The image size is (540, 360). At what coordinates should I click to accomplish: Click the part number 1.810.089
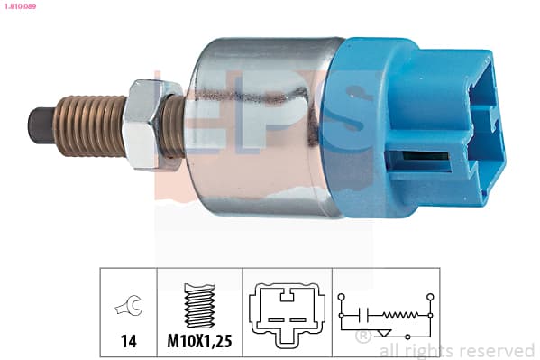(x=20, y=6)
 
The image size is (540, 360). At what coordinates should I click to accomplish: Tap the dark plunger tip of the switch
(x=41, y=125)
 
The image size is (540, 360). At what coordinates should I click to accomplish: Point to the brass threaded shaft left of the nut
(x=90, y=125)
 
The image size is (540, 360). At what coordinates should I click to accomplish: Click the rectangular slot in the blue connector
(x=418, y=162)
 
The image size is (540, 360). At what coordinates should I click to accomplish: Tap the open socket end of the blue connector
(x=486, y=128)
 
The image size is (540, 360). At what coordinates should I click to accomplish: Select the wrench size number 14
(x=128, y=341)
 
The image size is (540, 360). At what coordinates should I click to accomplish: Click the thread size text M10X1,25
(x=199, y=341)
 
